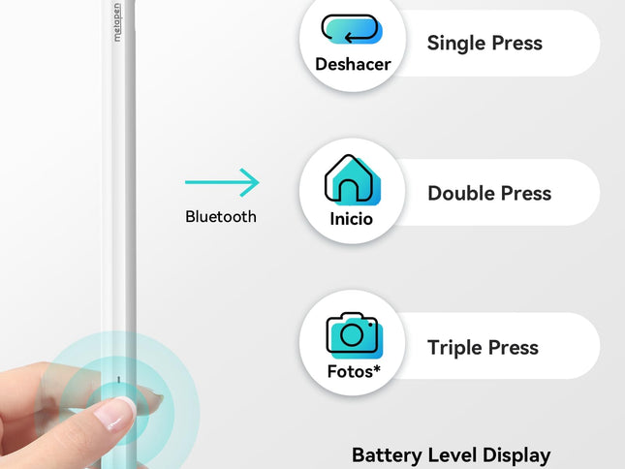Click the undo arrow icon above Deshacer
352,29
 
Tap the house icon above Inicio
353,179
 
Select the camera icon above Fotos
354,334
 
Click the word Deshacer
353,64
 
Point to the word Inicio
351,219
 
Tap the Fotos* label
354,371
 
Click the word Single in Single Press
455,43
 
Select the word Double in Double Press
461,193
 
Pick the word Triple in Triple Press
454,348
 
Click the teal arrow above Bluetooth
222,182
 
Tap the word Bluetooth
221,217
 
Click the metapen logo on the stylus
117,22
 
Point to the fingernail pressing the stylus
115,415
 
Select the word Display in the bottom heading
516,455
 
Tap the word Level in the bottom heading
452,454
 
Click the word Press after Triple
513,348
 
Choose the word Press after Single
517,43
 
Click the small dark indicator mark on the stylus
119,379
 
